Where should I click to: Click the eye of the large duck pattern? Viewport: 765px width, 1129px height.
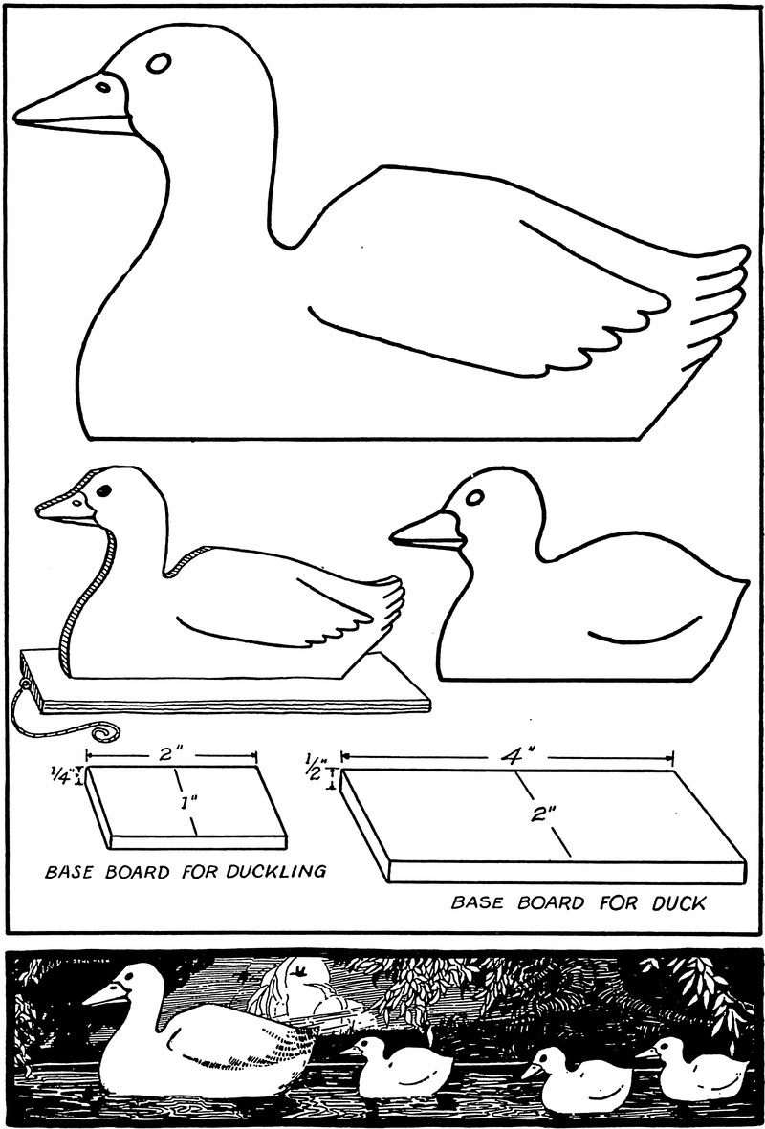[159, 63]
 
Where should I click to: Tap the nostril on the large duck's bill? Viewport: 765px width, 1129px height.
[103, 87]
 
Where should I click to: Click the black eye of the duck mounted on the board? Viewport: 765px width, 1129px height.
[103, 491]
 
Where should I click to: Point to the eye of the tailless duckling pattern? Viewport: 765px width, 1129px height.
[474, 497]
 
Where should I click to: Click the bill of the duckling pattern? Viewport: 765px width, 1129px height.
[427, 532]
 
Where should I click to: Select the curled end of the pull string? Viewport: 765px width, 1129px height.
[106, 733]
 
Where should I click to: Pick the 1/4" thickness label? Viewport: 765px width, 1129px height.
[60, 776]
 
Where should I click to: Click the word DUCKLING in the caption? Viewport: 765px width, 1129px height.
[276, 871]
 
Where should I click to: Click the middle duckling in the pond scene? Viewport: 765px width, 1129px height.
[577, 1079]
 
